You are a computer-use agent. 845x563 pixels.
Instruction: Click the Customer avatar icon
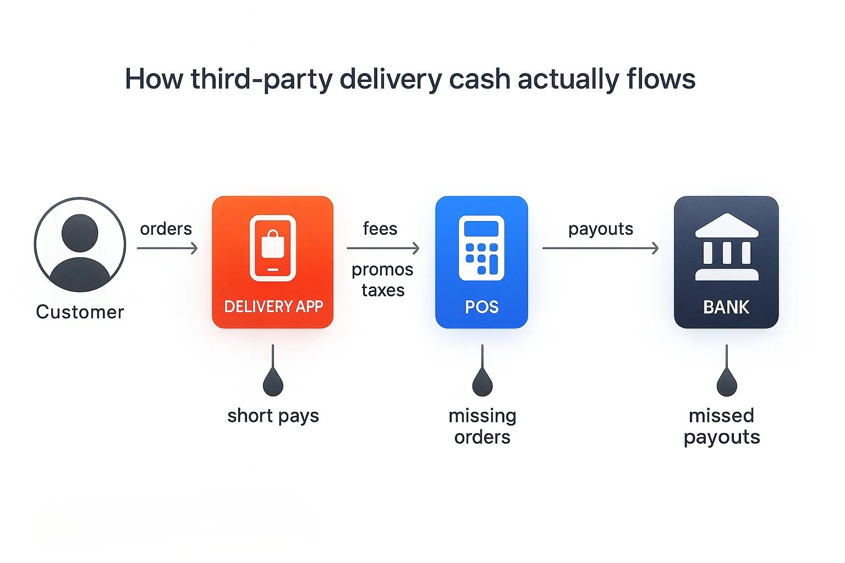pyautogui.click(x=80, y=244)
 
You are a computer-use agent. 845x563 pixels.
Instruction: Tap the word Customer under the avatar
pyautogui.click(x=80, y=312)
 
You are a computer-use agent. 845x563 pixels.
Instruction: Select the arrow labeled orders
pyautogui.click(x=167, y=249)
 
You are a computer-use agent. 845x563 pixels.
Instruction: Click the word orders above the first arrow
pyautogui.click(x=166, y=229)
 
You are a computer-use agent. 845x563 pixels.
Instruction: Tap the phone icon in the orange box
pyautogui.click(x=273, y=248)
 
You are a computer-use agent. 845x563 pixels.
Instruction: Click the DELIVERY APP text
pyautogui.click(x=273, y=306)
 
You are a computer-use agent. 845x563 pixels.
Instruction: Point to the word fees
pyautogui.click(x=380, y=229)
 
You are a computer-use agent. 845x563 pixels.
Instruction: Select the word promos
pyautogui.click(x=382, y=269)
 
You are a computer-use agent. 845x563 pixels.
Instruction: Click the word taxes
pyautogui.click(x=383, y=290)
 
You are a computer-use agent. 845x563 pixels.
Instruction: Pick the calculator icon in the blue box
pyautogui.click(x=481, y=248)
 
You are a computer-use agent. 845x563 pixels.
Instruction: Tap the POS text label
pyautogui.click(x=482, y=307)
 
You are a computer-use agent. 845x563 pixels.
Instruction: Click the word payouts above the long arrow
pyautogui.click(x=601, y=229)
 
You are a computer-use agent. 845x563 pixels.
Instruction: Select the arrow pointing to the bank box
pyautogui.click(x=601, y=249)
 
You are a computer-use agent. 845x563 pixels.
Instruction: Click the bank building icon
pyautogui.click(x=726, y=247)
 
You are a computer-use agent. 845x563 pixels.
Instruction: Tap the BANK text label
pyautogui.click(x=726, y=307)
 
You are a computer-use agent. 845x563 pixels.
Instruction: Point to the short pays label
pyautogui.click(x=273, y=416)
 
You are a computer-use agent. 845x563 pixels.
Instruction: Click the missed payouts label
pyautogui.click(x=722, y=426)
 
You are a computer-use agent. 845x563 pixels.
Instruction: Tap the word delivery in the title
pyautogui.click(x=391, y=79)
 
